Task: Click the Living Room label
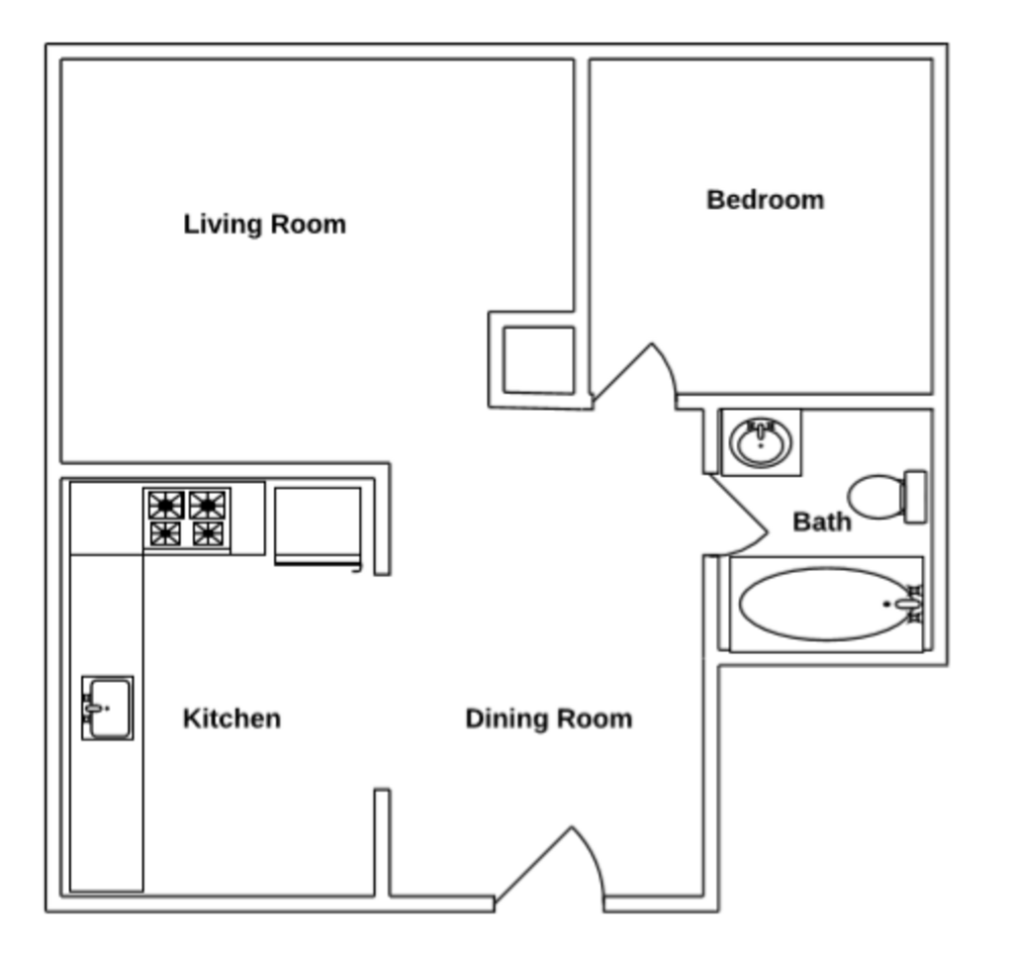[264, 224]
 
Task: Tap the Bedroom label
[765, 200]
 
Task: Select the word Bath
[821, 521]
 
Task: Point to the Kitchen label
[231, 717]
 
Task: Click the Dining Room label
[548, 717]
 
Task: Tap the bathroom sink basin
[760, 441]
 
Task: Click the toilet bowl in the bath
[876, 496]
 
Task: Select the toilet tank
[916, 497]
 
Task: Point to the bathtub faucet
[908, 604]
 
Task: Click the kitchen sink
[107, 708]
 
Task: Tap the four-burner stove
[187, 519]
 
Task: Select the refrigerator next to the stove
[317, 525]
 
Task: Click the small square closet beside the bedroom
[538, 360]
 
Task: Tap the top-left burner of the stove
[166, 505]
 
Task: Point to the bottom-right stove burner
[208, 534]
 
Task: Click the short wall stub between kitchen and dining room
[382, 841]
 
